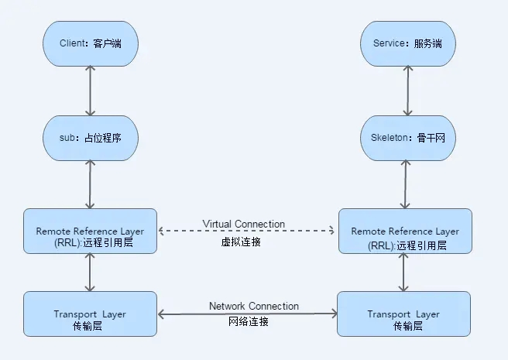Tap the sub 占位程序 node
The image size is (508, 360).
tap(90, 138)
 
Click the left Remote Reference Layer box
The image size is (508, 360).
tap(90, 231)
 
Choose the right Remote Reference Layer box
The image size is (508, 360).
tap(404, 231)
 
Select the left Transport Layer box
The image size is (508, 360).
tap(90, 314)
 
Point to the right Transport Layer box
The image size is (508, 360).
tap(404, 314)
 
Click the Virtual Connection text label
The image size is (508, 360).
tap(244, 224)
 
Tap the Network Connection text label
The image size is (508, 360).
tap(254, 306)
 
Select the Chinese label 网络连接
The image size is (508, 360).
tap(249, 322)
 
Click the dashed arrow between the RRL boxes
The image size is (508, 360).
tap(245, 231)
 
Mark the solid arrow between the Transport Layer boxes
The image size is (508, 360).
tap(247, 314)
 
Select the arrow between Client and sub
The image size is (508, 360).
tap(91, 90)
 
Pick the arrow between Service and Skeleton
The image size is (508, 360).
tap(403, 90)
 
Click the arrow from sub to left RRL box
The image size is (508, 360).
tap(91, 184)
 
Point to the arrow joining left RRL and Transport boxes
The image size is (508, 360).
tap(91, 272)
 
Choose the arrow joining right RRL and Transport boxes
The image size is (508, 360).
tap(403, 272)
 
